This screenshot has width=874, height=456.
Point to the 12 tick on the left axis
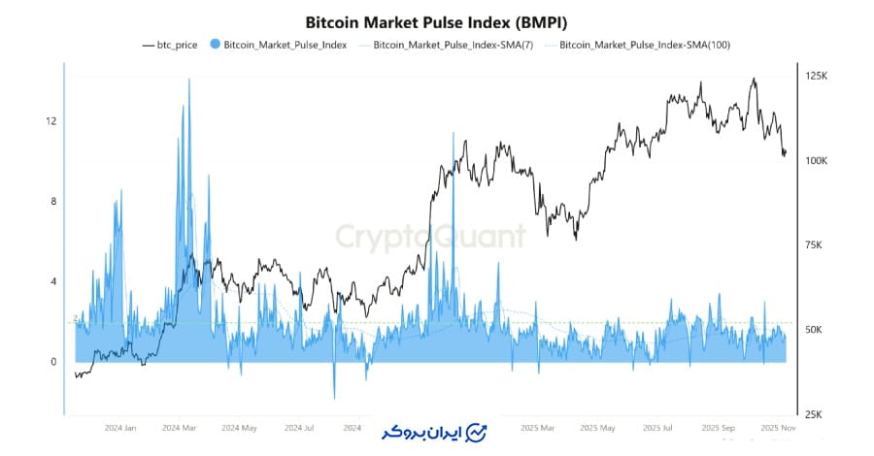coord(51,121)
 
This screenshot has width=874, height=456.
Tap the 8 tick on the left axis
coord(51,202)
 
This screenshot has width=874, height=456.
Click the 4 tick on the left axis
coord(51,282)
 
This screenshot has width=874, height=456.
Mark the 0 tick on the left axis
coord(51,363)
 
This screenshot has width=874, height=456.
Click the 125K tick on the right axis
coord(817,76)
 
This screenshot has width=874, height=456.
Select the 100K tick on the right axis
coord(817,160)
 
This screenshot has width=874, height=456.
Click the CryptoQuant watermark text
coord(430,236)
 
